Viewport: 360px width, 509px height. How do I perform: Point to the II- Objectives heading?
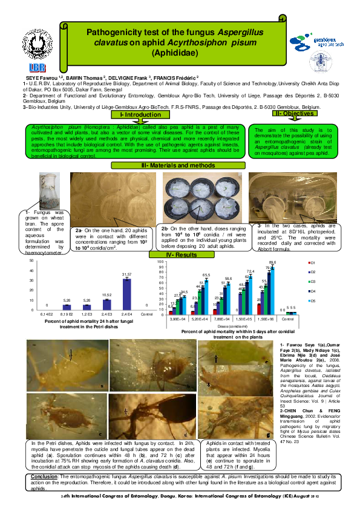click(x=294, y=113)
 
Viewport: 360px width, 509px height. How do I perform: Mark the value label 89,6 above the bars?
click(x=272, y=262)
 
